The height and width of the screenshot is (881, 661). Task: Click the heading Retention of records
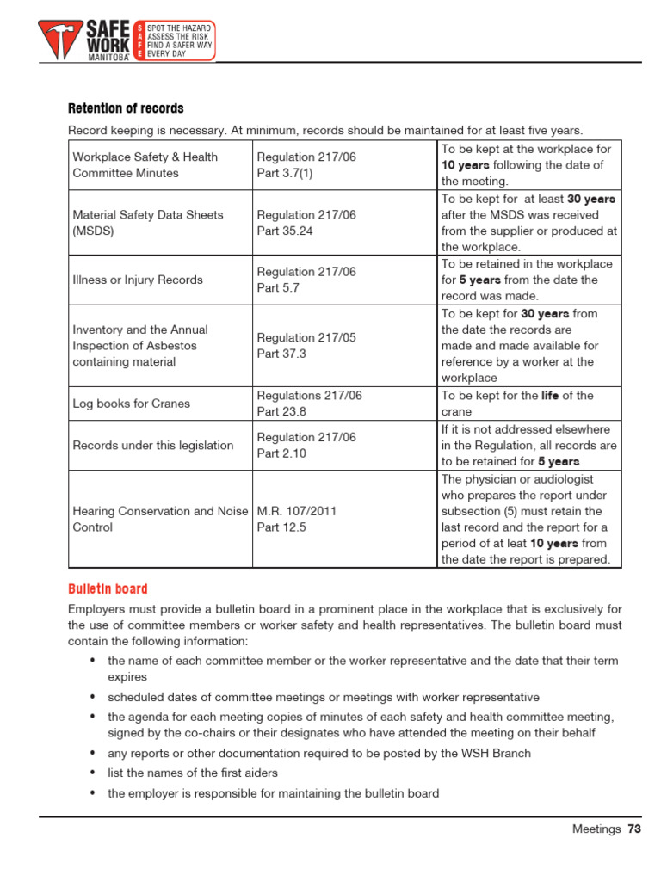coord(126,108)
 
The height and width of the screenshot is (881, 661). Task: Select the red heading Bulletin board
coord(108,588)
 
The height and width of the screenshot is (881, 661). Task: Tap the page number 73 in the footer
coord(634,829)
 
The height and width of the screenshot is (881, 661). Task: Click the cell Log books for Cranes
coord(132,404)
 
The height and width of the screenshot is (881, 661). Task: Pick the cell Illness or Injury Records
coord(138,280)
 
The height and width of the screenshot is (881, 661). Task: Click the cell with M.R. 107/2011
coord(296,511)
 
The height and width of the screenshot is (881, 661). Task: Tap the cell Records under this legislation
coord(153,445)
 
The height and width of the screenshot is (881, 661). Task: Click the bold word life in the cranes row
coord(550,396)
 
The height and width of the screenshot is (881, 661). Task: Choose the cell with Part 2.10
coord(281,453)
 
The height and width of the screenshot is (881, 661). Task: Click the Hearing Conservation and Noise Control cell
coord(160,519)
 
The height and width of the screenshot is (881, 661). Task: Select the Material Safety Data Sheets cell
coord(148,223)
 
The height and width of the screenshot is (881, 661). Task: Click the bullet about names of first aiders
coord(192,773)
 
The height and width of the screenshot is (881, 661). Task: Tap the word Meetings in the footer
coord(596,829)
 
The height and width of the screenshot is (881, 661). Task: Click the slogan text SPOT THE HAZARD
coord(180,29)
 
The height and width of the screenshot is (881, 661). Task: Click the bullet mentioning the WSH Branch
coord(318,753)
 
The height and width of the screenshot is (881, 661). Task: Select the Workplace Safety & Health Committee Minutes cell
coord(145,165)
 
